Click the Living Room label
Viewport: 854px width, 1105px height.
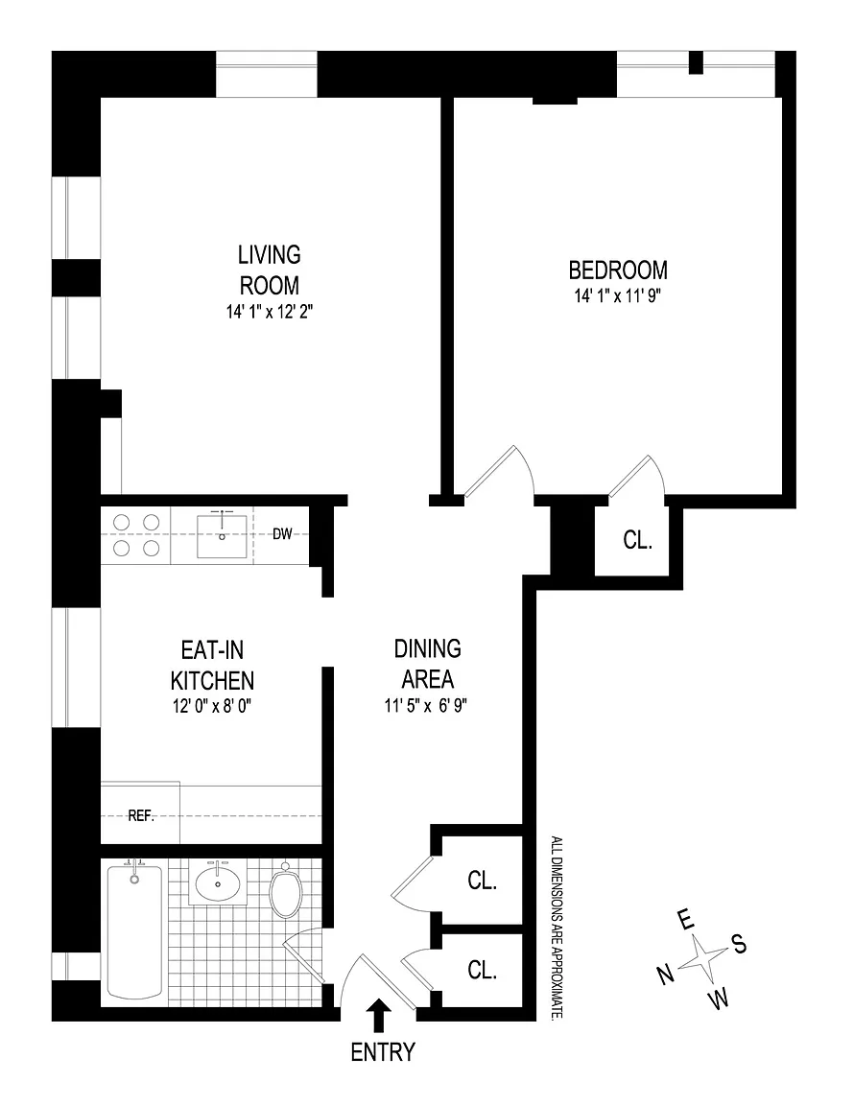[270, 270]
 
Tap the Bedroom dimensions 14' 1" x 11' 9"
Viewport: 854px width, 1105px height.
[618, 295]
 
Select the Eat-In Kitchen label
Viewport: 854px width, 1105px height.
[212, 665]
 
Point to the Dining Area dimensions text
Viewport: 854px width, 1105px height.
[426, 705]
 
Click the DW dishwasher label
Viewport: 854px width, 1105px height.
[282, 534]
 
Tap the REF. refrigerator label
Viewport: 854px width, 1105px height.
[141, 816]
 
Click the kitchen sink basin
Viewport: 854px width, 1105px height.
[223, 536]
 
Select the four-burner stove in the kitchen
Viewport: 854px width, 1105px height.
[136, 535]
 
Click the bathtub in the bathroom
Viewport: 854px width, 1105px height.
[134, 931]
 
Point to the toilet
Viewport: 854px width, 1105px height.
[286, 891]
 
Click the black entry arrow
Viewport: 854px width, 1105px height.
[379, 1016]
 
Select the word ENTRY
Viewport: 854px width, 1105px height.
[383, 1052]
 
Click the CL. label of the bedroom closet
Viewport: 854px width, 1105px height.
[637, 540]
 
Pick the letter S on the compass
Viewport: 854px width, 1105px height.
[739, 944]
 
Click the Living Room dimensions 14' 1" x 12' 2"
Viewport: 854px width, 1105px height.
[270, 312]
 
